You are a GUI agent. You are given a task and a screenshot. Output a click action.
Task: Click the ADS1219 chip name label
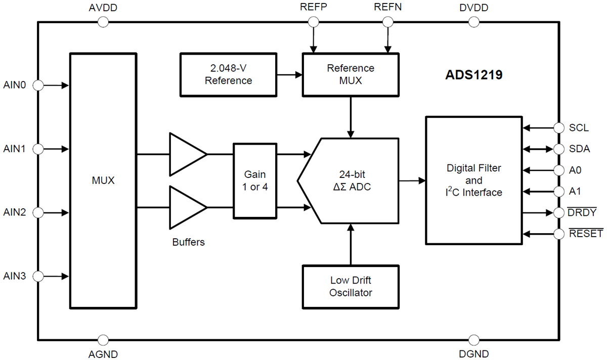point(473,75)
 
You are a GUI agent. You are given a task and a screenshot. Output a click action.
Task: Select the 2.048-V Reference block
point(228,74)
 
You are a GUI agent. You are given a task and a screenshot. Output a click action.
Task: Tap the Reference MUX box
point(351,74)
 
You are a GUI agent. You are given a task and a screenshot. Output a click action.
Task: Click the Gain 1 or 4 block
point(255,181)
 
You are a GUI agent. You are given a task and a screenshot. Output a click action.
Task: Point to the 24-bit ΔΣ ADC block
point(349,181)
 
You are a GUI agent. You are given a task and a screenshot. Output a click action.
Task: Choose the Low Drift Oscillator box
point(351,286)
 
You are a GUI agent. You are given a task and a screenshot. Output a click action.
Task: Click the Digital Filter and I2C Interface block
point(473,180)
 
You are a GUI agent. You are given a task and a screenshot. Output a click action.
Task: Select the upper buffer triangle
point(186,154)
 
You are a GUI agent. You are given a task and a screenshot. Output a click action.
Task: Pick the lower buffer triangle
point(186,207)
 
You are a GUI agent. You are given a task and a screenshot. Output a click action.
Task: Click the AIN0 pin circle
point(38,85)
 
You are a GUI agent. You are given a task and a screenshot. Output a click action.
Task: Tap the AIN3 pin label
point(16,276)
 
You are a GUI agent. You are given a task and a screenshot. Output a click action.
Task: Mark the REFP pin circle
point(314,22)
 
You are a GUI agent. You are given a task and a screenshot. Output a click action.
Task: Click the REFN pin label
point(387,8)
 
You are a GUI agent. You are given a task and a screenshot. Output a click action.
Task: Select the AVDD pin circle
point(103,22)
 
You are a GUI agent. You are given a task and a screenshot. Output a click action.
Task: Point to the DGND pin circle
point(474,340)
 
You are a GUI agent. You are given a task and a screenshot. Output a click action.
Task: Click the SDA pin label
point(579,149)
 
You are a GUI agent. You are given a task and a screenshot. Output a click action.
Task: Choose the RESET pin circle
point(559,234)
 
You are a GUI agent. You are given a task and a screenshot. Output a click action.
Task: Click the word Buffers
point(188,242)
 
